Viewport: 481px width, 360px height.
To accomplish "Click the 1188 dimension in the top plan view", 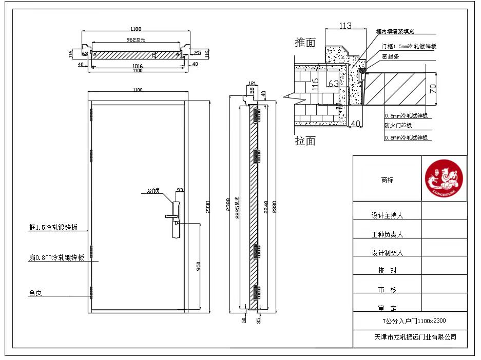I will (136, 29).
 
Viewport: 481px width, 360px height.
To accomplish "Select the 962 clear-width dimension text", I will (136, 39).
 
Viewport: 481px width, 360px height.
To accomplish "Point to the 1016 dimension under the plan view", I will (137, 66).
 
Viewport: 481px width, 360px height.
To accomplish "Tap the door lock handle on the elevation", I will (174, 217).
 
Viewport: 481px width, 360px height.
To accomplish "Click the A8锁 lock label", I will (153, 191).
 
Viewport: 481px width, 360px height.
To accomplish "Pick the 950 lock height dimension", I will (198, 266).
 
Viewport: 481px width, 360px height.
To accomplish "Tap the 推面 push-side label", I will (305, 43).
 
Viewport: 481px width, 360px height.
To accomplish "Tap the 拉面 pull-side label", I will (305, 141).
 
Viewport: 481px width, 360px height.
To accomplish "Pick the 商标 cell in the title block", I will (387, 180).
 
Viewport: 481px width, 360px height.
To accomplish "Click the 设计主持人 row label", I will (387, 216).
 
